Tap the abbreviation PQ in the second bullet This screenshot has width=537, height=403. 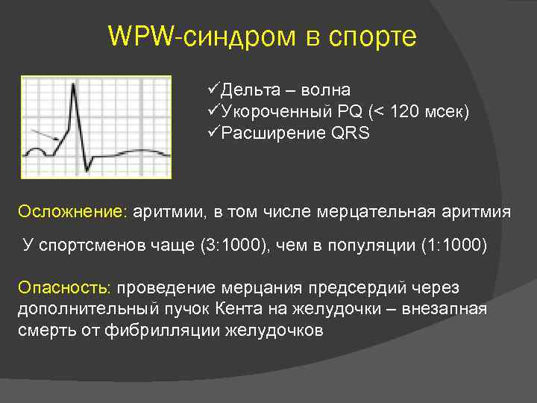(348, 112)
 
